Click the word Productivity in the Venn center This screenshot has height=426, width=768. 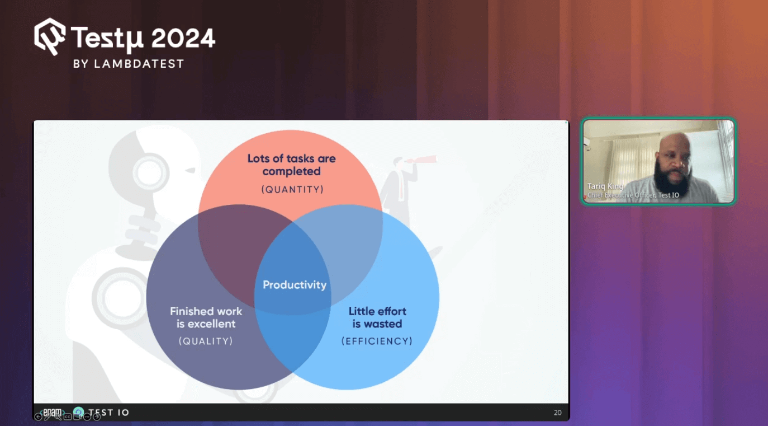pyautogui.click(x=295, y=285)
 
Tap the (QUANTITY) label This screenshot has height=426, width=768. pyautogui.click(x=292, y=189)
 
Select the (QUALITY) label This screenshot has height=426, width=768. pyautogui.click(x=206, y=341)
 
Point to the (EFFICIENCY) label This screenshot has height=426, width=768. pyautogui.click(x=377, y=341)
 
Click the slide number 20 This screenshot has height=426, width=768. pyautogui.click(x=557, y=413)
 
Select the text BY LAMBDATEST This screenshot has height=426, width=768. pyautogui.click(x=129, y=64)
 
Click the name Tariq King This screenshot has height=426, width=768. pyautogui.click(x=605, y=186)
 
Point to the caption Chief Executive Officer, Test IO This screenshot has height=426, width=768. pyautogui.click(x=633, y=195)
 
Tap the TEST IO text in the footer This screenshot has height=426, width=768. pyautogui.click(x=108, y=412)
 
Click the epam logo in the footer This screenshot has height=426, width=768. pyautogui.click(x=52, y=411)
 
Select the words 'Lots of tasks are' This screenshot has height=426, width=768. pyautogui.click(x=291, y=158)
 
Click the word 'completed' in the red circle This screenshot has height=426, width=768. pyautogui.click(x=291, y=171)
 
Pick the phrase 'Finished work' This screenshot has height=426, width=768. pyautogui.click(x=206, y=311)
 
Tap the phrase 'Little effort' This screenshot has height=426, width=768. pyautogui.click(x=377, y=311)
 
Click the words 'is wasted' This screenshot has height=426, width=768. pyautogui.click(x=377, y=324)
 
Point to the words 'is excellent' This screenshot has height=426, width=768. pyautogui.click(x=206, y=324)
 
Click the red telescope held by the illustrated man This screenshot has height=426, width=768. pyautogui.click(x=421, y=160)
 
